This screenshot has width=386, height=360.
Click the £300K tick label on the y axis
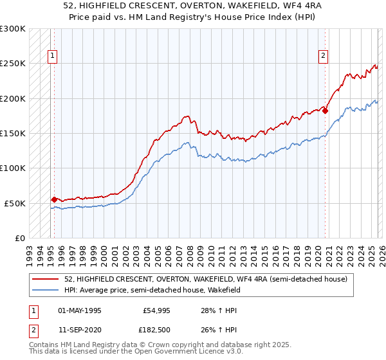coord(13,29)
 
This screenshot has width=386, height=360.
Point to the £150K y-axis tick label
coord(13,133)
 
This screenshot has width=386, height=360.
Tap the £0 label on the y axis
coord(19,238)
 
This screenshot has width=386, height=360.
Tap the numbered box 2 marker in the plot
coord(323,56)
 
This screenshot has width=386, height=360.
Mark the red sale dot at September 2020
coord(325,111)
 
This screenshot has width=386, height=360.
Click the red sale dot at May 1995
coord(54,199)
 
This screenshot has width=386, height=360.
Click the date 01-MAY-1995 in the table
coord(80,310)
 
